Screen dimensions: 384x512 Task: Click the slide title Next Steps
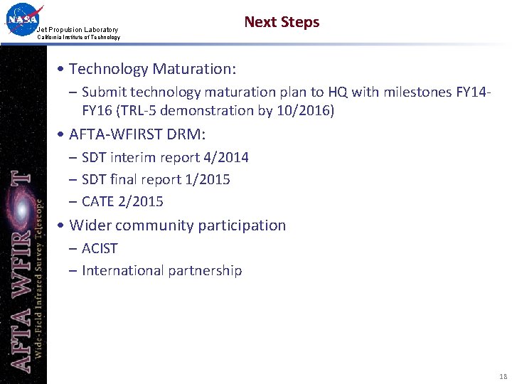(282, 22)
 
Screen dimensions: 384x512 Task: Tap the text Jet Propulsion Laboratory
(78, 29)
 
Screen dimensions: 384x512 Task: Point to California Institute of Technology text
(78, 37)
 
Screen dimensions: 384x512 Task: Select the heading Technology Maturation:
(152, 69)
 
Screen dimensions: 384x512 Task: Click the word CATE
(98, 201)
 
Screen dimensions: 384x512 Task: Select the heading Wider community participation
(177, 225)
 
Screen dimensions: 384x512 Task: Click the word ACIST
(100, 248)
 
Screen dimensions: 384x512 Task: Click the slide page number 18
(503, 376)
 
